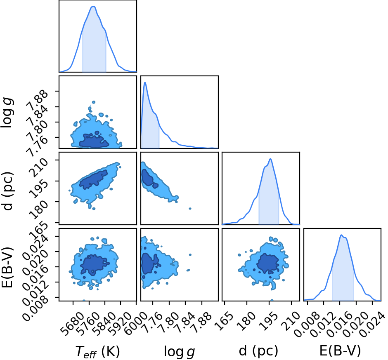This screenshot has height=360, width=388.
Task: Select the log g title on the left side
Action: tap(7, 113)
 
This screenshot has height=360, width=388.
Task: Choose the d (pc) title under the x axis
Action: tap(258, 351)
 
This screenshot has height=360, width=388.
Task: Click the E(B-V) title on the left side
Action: tap(7, 267)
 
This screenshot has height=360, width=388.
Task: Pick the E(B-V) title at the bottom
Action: tap(340, 351)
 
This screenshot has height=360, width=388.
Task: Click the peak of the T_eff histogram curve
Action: tap(93, 7)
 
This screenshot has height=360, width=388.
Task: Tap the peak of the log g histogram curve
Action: tap(145, 82)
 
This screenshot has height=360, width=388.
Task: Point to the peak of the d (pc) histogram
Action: tap(270, 159)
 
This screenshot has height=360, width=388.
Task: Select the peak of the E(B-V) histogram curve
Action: tap(341, 235)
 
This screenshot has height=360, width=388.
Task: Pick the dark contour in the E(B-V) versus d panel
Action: tap(268, 263)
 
